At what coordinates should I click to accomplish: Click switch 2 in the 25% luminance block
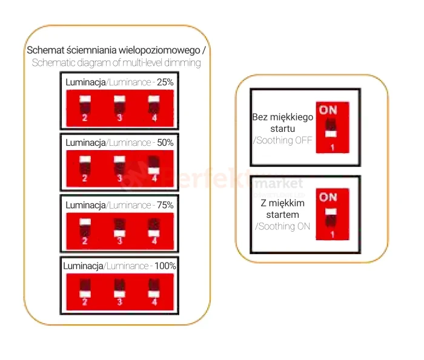[x=85, y=105]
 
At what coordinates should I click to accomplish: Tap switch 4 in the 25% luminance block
[x=154, y=105]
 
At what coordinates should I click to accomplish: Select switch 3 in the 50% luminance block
[x=119, y=165]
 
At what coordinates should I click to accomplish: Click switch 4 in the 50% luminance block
[x=154, y=165]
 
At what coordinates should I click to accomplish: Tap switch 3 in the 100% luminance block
[x=119, y=287]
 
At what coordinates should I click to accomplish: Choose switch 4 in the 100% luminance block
[x=154, y=287]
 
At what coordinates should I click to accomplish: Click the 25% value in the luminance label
[x=165, y=82]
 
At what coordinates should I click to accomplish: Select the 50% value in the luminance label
[x=165, y=143]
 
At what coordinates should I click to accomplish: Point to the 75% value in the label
[x=165, y=205]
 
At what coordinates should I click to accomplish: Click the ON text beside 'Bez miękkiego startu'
[x=328, y=110]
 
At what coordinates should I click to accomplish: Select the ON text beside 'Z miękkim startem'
[x=328, y=197]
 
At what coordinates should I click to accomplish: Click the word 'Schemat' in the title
[x=45, y=51]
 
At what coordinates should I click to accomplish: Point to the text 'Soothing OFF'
[x=283, y=140]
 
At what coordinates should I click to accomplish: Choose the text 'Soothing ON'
[x=283, y=226]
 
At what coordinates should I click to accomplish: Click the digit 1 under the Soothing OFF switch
[x=332, y=147]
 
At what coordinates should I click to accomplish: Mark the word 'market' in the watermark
[x=278, y=183]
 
